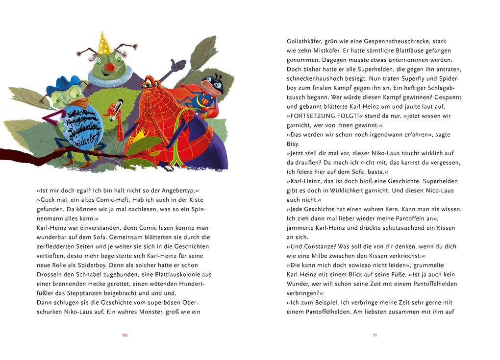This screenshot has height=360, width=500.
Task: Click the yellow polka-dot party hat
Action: click(x=104, y=44)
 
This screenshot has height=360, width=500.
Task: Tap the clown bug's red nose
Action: click(x=111, y=67)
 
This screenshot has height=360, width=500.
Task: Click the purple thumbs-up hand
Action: click(x=177, y=65)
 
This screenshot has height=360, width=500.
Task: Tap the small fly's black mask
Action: click(x=214, y=83)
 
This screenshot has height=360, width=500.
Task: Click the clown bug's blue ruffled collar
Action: click(x=110, y=79)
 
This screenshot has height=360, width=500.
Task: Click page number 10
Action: click(x=125, y=335)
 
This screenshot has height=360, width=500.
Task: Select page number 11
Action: click(x=375, y=335)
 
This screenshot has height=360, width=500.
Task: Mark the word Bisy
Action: click(x=293, y=144)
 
